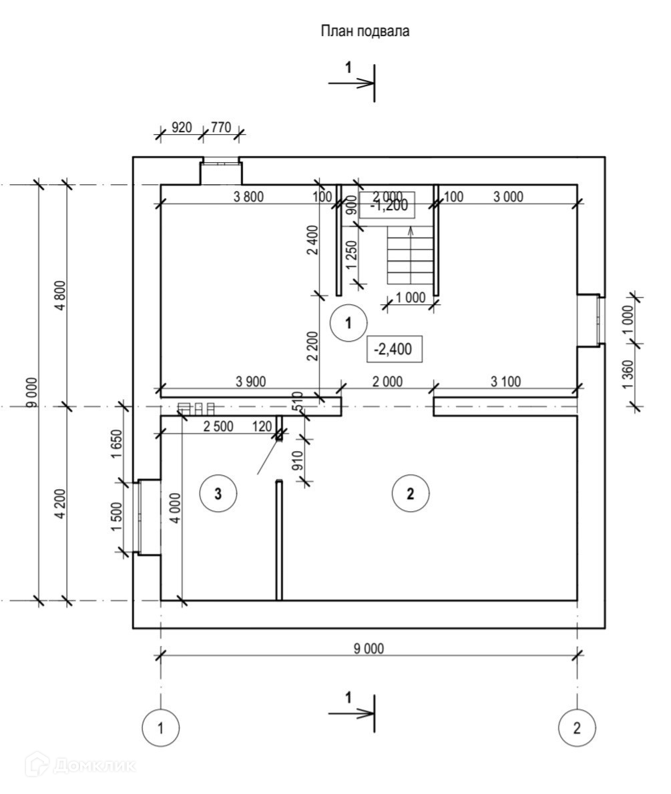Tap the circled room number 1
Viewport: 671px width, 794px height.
click(x=348, y=323)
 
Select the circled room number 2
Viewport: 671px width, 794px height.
click(x=410, y=493)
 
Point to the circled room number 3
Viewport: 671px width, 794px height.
click(x=218, y=493)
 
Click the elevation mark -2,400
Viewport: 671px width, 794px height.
click(x=395, y=349)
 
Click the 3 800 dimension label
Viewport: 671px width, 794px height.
click(x=249, y=196)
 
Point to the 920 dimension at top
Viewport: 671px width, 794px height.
click(x=182, y=127)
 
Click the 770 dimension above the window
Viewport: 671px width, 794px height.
click(x=221, y=127)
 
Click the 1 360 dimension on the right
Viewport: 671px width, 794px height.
click(x=628, y=377)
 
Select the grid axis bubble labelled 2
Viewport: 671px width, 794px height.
click(x=577, y=727)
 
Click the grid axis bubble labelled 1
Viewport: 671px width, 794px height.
click(x=160, y=727)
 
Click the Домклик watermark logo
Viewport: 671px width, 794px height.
click(x=80, y=765)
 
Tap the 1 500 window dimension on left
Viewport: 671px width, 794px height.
click(x=118, y=516)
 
